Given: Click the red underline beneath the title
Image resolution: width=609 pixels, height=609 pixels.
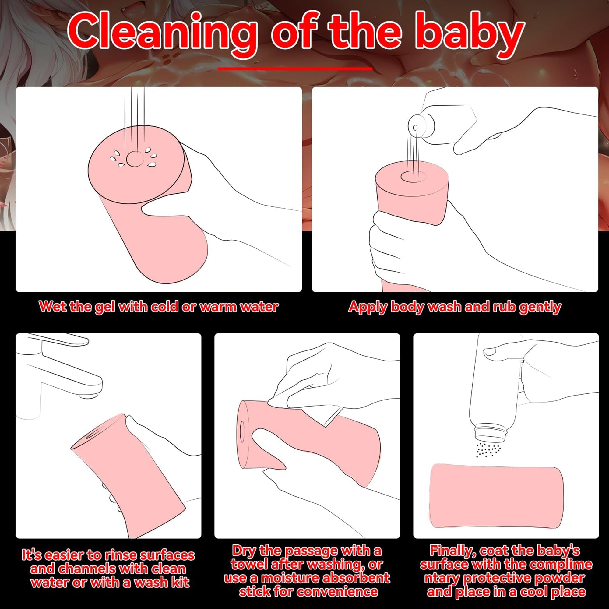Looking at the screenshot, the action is pyautogui.click(x=295, y=69).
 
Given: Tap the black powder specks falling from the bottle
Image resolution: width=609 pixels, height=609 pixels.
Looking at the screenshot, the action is pyautogui.click(x=488, y=449).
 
